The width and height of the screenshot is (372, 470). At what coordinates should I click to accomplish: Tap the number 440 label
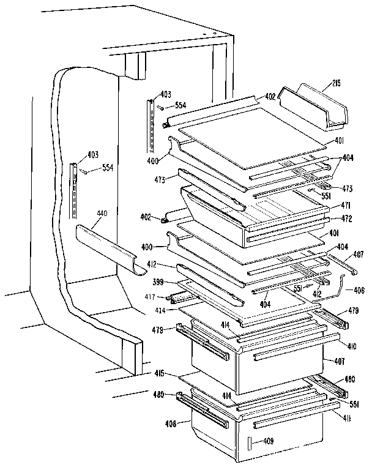(102, 214)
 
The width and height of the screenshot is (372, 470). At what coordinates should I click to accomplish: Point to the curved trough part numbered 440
(107, 248)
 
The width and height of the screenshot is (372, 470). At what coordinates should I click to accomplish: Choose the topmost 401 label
(338, 141)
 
